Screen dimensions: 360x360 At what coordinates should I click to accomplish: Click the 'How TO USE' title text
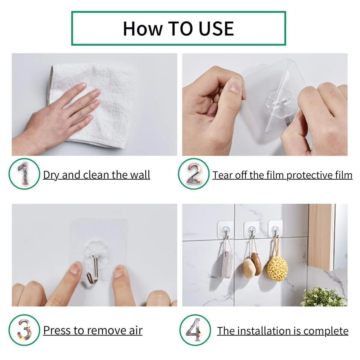point(178,28)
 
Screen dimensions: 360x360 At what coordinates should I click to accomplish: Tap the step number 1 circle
point(24,174)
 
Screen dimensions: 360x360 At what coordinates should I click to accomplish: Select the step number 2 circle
point(193,174)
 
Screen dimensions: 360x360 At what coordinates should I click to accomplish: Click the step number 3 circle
point(24,330)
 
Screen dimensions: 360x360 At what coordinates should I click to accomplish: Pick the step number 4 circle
point(195,330)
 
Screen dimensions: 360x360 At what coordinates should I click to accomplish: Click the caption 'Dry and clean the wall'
point(96,175)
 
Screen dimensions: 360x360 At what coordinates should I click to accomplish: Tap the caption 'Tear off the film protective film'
point(282,175)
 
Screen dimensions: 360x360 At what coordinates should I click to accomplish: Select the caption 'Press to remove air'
point(93,330)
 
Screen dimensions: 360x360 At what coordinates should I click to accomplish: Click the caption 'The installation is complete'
point(283,331)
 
